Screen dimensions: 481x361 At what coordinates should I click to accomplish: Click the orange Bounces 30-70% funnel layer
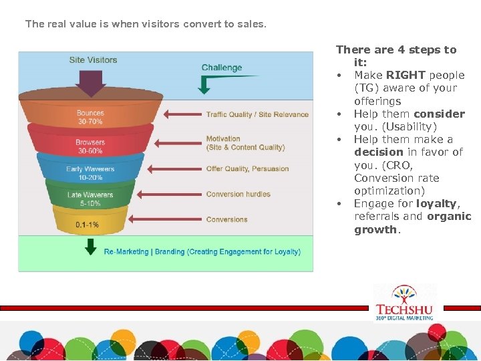click(90, 117)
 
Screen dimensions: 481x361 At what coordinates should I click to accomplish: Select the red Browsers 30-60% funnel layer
click(90, 146)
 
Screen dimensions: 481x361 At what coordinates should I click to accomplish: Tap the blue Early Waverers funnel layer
click(90, 173)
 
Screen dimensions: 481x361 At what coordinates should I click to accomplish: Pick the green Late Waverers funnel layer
click(90, 199)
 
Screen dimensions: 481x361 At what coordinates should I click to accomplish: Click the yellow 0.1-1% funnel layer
click(89, 224)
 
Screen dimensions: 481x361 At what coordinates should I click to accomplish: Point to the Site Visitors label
click(93, 60)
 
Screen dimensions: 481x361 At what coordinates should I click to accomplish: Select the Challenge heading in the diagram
click(222, 68)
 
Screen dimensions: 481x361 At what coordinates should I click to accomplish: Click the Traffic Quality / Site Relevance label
click(257, 114)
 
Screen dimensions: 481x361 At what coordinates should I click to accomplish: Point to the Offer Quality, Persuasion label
click(247, 168)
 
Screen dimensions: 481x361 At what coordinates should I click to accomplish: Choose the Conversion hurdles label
click(238, 195)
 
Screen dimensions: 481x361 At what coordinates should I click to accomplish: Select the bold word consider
click(439, 114)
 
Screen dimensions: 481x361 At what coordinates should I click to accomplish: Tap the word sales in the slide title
click(252, 24)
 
